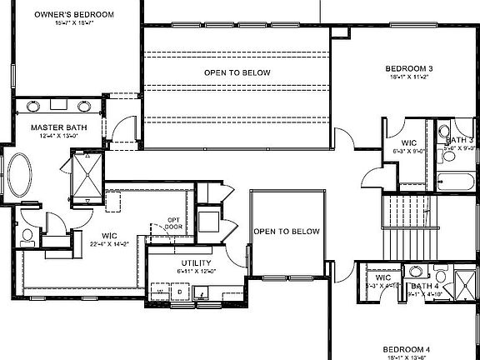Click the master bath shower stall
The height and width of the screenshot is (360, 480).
[x=87, y=177]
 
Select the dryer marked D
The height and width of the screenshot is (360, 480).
[x=179, y=292]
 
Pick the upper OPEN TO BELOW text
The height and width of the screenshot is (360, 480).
[x=237, y=73]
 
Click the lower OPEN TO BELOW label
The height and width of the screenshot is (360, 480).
[x=287, y=231]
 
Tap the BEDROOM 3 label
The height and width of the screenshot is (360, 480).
[x=407, y=68]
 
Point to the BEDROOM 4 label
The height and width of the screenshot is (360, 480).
[x=406, y=348]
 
